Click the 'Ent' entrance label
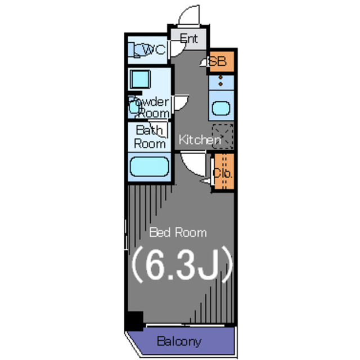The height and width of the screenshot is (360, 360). [x=188, y=39]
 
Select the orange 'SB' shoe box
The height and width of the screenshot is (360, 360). [x=221, y=61]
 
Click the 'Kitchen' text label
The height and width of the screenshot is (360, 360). [x=200, y=139]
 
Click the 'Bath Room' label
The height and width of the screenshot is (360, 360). [x=150, y=137]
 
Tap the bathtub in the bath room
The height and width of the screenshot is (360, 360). [x=149, y=166]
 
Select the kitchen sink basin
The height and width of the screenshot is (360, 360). [x=221, y=109]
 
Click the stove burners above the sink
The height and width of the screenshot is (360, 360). [x=220, y=81]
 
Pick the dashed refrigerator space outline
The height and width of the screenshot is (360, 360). [x=223, y=136]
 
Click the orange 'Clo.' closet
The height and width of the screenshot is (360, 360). [x=224, y=172]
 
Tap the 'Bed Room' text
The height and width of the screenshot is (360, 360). [x=178, y=232]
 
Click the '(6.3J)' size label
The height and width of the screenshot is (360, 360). [x=182, y=264]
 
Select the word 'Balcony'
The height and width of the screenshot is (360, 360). [x=179, y=341]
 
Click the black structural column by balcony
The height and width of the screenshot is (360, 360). [x=135, y=321]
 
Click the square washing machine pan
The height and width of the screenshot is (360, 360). [x=140, y=79]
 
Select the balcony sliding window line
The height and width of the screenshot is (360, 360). [x=185, y=325]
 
